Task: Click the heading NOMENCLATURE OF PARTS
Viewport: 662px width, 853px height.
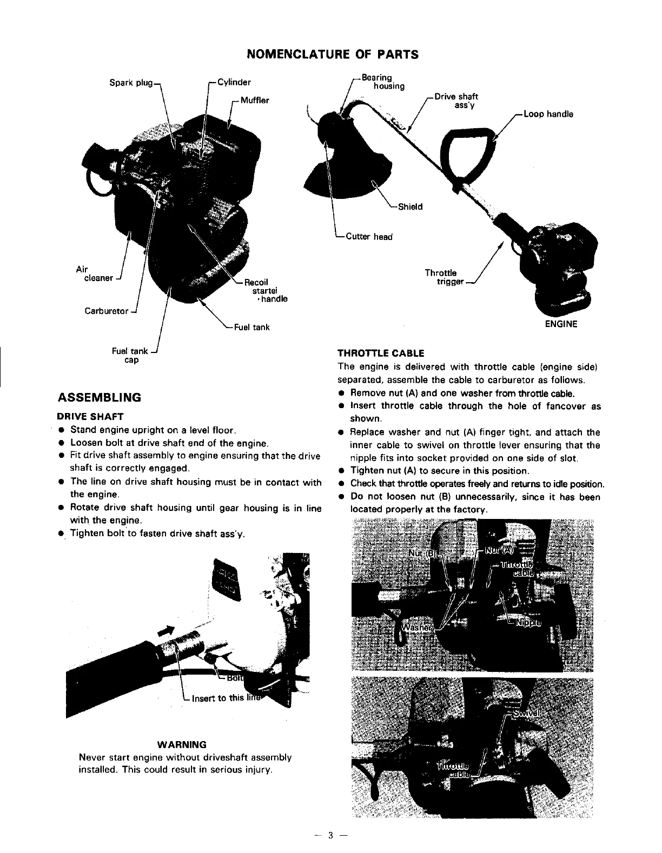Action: [x=332, y=55]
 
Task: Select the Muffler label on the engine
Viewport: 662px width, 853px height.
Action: [x=254, y=101]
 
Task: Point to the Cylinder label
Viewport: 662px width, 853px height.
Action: [x=234, y=83]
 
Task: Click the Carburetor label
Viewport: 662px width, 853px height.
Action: [x=107, y=311]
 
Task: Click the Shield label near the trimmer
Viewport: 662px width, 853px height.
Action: [x=410, y=206]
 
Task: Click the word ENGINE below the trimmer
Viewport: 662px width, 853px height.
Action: [x=561, y=324]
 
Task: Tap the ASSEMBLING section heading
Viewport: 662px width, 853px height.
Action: [x=99, y=398]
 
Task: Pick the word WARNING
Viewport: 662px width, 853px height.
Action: [x=184, y=744]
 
